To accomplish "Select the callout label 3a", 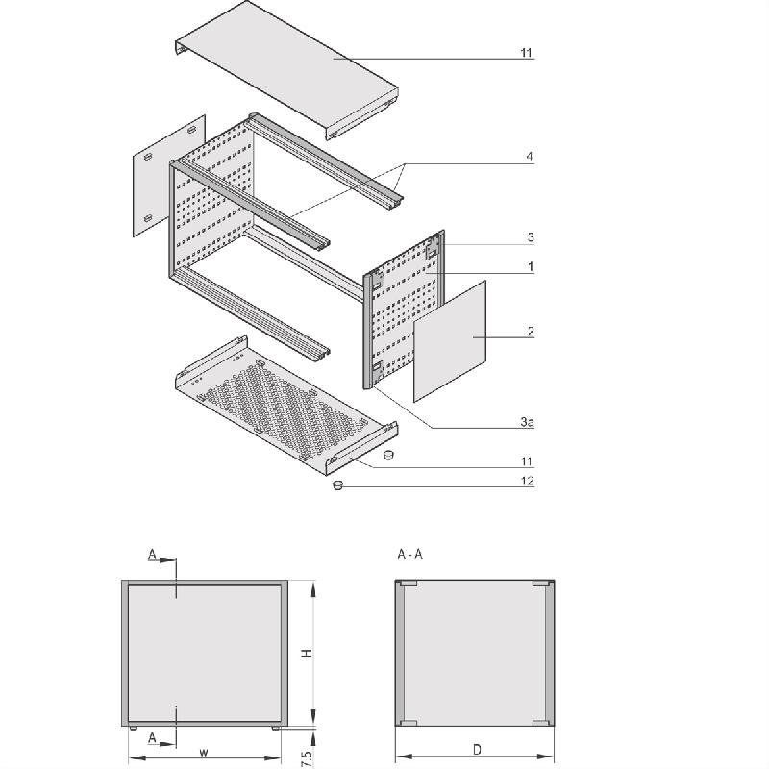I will (527, 422).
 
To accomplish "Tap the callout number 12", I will (527, 481).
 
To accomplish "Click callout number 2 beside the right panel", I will (530, 332).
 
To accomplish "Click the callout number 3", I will (530, 236).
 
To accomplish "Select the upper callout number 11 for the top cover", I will (527, 52).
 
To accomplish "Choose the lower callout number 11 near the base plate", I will (527, 462).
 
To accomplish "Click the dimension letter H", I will (306, 654).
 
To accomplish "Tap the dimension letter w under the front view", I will (203, 752).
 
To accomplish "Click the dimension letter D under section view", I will (477, 749).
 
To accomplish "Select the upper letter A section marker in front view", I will (152, 555).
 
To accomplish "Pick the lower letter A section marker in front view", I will (152, 737).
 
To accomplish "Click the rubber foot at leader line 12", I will (338, 486).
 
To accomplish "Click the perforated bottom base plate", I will (279, 404).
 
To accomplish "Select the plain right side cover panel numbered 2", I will (450, 341).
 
